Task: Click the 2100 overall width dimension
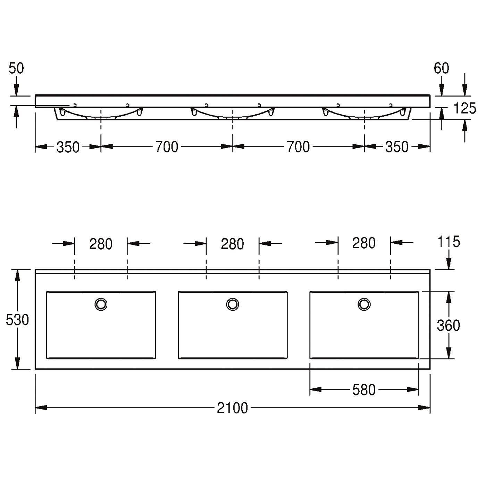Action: click(232, 408)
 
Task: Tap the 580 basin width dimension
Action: click(364, 389)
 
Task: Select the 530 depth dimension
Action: click(17, 320)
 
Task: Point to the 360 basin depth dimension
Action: click(449, 325)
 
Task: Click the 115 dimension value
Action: click(449, 242)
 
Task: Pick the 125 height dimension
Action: click(464, 108)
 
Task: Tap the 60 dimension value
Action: click(441, 68)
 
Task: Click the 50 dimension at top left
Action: click(16, 68)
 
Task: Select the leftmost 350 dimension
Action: click(68, 147)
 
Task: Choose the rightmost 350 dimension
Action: click(397, 147)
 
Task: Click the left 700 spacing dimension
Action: click(167, 147)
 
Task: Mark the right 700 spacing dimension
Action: click(298, 147)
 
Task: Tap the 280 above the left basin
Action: click(101, 244)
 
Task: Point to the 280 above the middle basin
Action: click(232, 244)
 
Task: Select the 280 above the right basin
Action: click(364, 243)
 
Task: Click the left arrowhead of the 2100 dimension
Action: click(41, 408)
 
